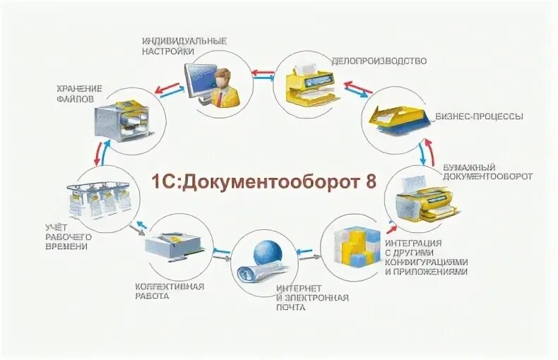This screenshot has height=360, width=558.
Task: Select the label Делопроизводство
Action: [x=379, y=61]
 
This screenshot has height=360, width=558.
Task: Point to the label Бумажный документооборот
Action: [x=487, y=172]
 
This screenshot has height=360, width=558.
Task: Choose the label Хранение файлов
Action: [x=79, y=94]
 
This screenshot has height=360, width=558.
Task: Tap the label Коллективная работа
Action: [x=170, y=291]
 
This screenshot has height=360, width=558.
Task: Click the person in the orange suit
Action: [x=226, y=85]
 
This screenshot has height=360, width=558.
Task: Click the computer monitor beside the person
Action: [x=201, y=79]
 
